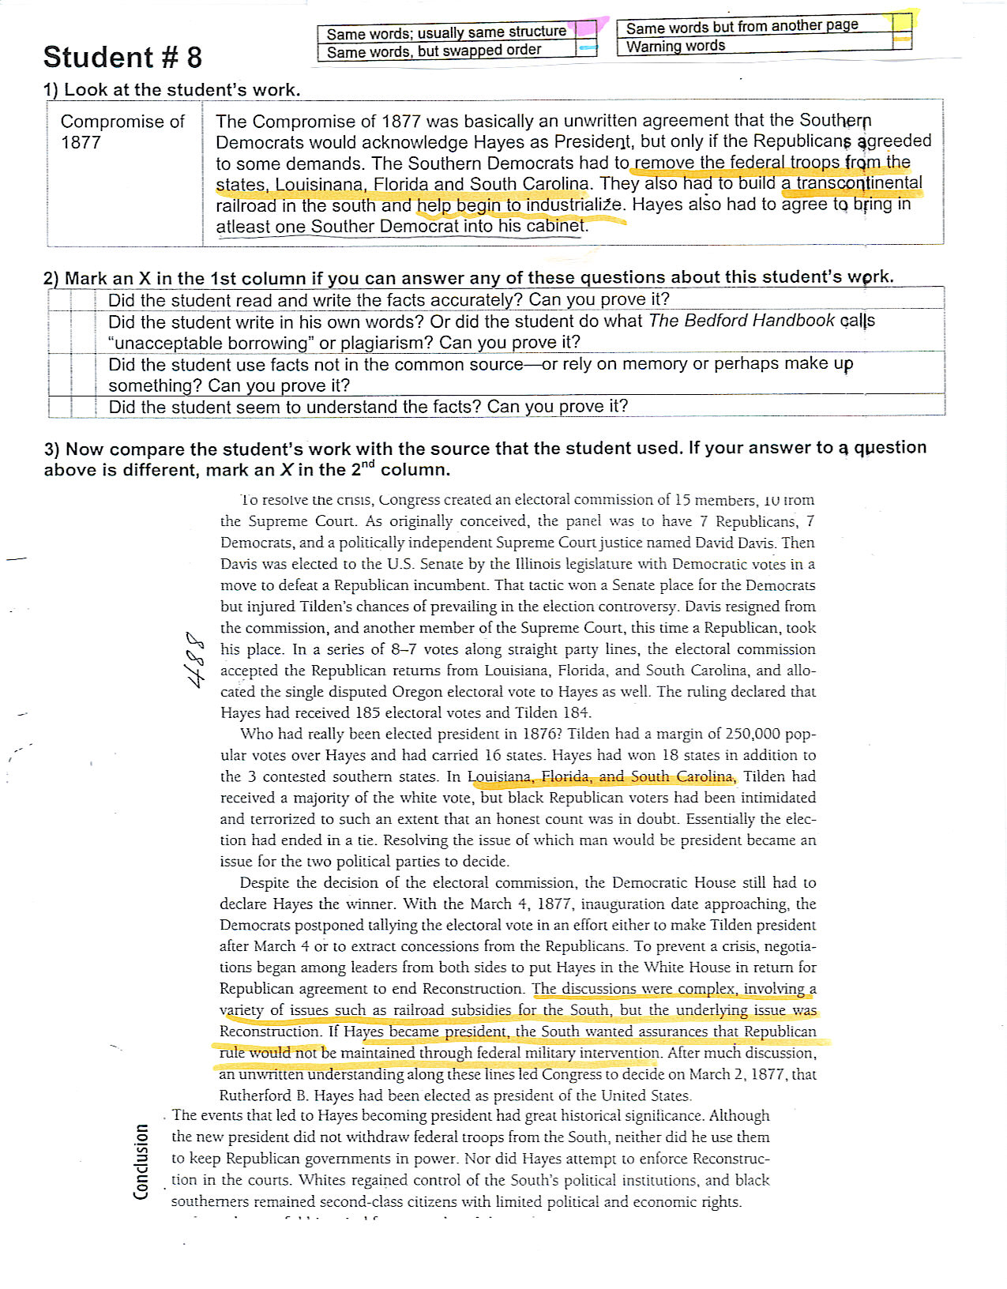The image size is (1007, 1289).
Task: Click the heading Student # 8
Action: [x=122, y=58]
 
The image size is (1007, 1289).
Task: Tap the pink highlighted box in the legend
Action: [x=585, y=30]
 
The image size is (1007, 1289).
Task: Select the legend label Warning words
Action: [x=675, y=46]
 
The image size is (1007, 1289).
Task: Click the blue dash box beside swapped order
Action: [x=586, y=49]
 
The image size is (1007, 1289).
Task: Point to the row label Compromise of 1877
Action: [x=122, y=131]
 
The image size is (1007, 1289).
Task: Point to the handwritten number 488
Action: [x=193, y=659]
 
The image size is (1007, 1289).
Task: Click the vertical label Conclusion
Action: [x=141, y=1161]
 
